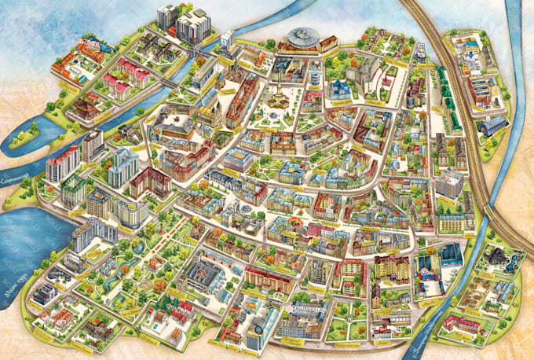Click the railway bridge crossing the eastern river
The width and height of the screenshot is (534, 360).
496,220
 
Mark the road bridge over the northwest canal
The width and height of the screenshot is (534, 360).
168,81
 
